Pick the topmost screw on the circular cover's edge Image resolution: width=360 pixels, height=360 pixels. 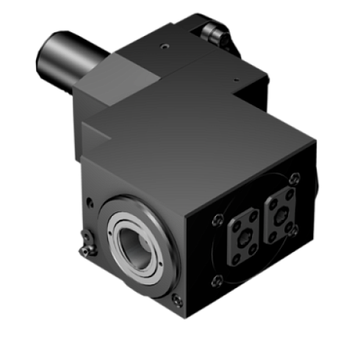point(295,176)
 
